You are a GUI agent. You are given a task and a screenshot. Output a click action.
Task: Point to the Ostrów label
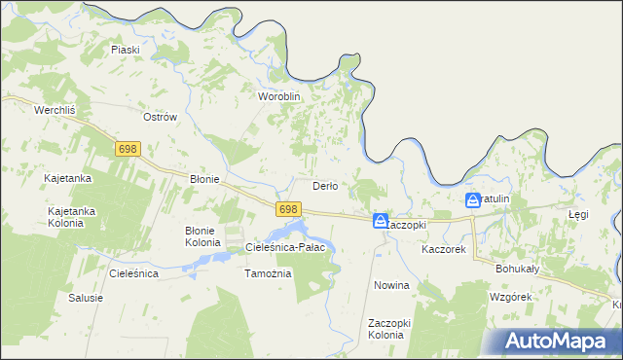[x=160, y=117]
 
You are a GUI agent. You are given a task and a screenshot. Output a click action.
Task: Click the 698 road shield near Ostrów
[x=128, y=149]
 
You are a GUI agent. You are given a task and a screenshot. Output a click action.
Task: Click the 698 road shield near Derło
[x=286, y=209]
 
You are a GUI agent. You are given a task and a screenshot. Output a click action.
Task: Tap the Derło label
[x=324, y=186]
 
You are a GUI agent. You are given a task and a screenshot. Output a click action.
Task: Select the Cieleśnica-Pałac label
[x=291, y=247]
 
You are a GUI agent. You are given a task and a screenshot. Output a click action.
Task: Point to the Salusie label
[x=85, y=298]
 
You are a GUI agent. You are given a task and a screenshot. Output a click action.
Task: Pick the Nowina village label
[x=391, y=286]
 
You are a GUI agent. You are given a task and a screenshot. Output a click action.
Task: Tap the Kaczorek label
[x=444, y=250]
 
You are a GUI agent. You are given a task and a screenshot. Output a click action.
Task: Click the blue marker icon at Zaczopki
[x=381, y=222]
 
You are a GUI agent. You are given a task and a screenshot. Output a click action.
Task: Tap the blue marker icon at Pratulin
[x=473, y=200]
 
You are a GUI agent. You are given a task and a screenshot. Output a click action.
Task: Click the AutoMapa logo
[x=557, y=341]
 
